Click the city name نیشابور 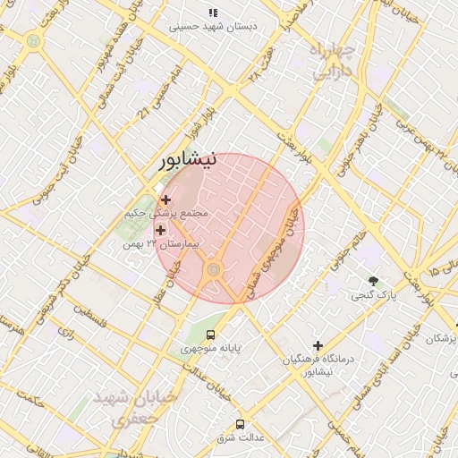click(188, 162)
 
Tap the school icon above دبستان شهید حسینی click(213, 13)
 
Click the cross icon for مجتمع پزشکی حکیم click(165, 199)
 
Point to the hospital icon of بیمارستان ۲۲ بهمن click(160, 231)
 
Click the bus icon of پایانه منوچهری click(210, 335)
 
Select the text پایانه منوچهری click(210, 348)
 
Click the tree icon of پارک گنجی click(373, 281)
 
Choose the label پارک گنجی click(373, 294)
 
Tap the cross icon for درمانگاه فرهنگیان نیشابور click(318, 345)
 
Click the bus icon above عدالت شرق click(240, 423)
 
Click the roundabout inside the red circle click(214, 269)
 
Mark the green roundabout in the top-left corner click(33, 40)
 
